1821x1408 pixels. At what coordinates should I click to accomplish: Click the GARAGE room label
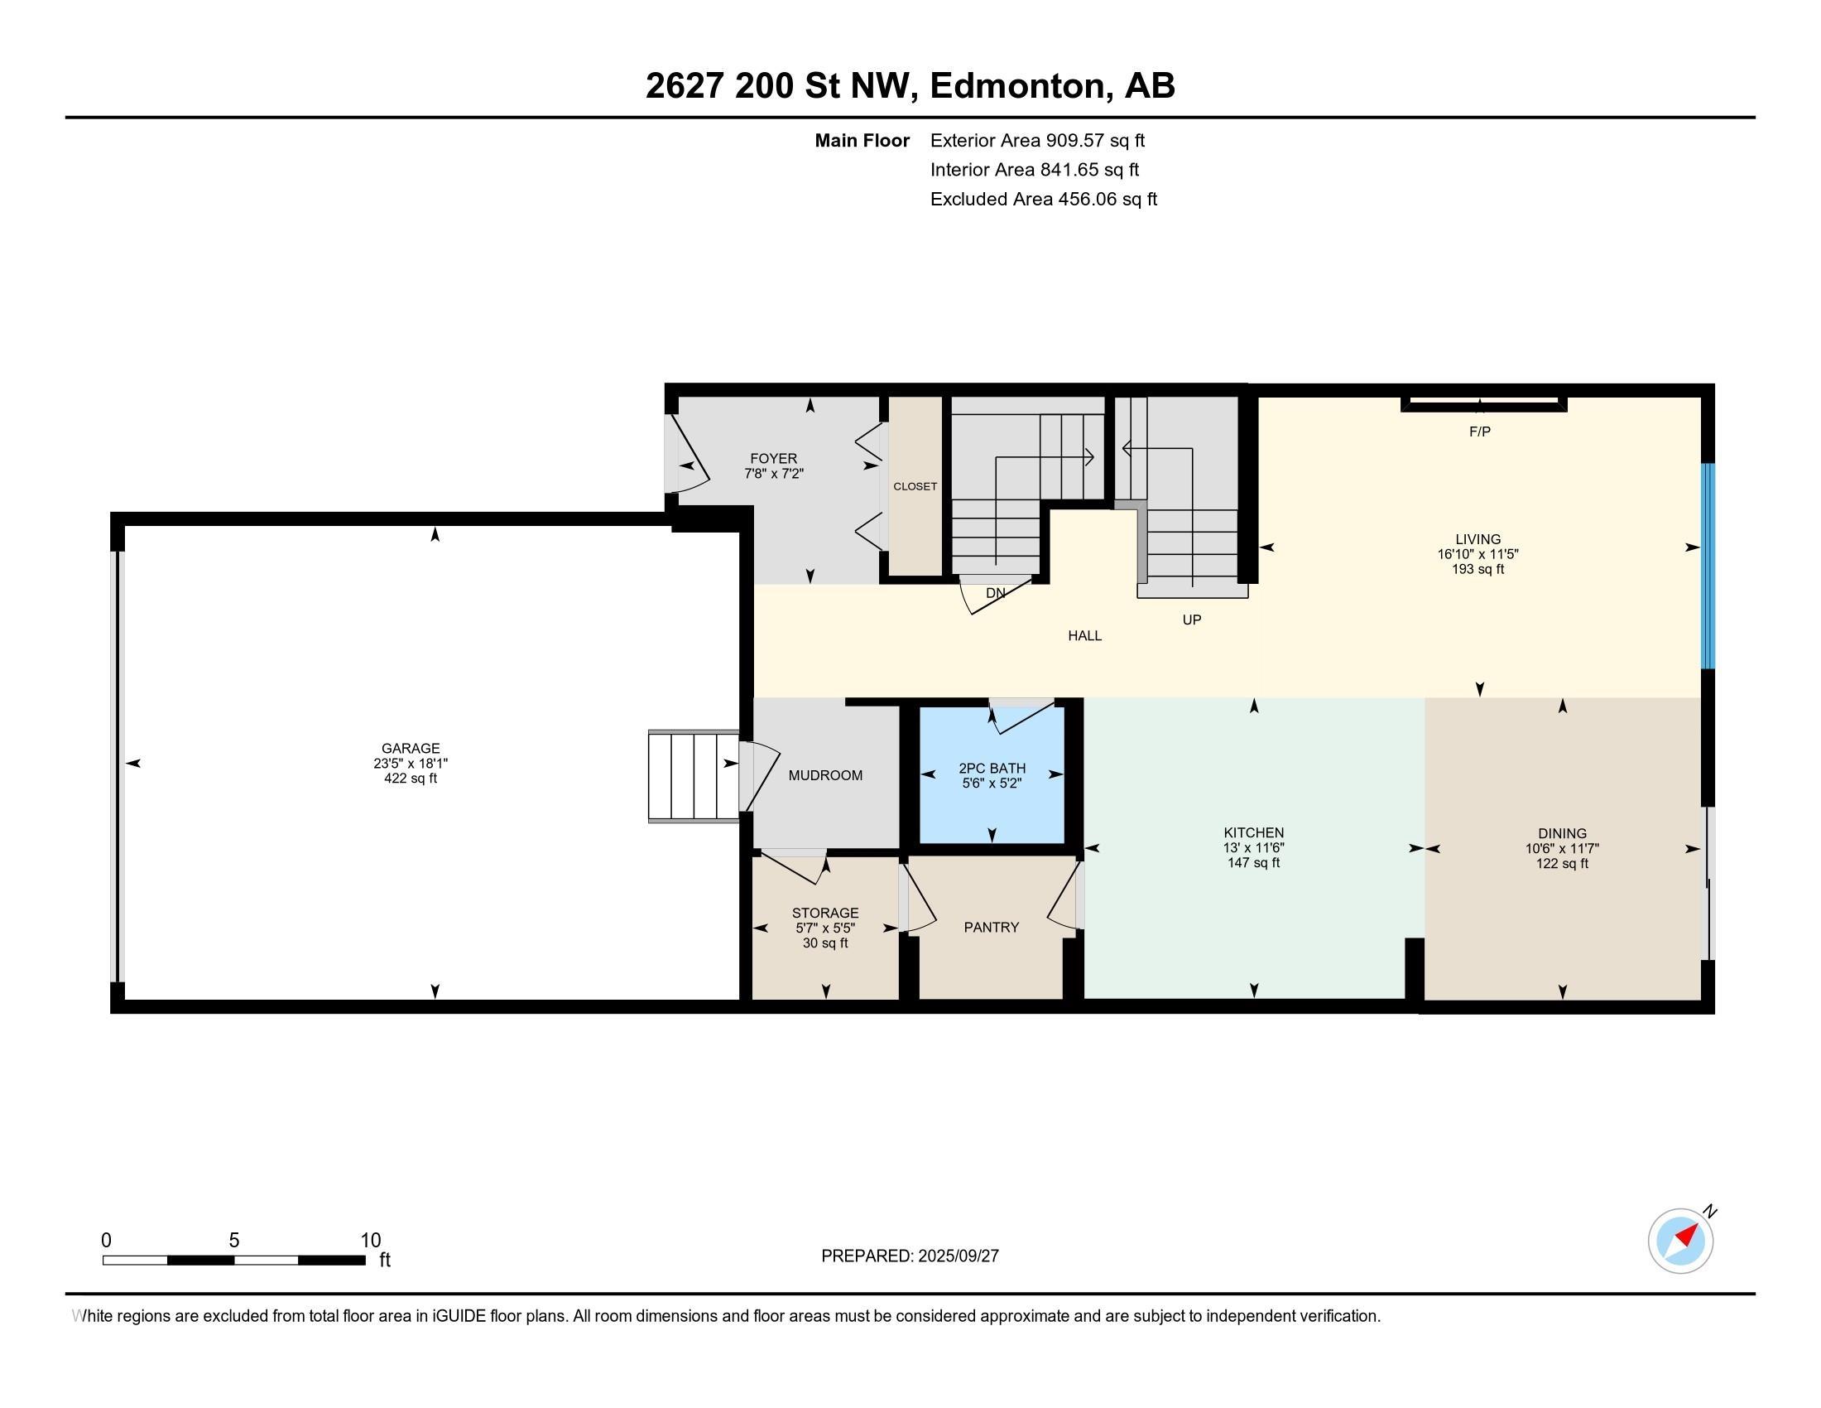pos(411,748)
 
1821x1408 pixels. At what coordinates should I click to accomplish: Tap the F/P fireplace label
pos(1479,432)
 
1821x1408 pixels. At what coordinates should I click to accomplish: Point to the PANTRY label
pos(991,927)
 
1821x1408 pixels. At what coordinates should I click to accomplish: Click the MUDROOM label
pos(825,775)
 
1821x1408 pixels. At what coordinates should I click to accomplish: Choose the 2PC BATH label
pos(992,769)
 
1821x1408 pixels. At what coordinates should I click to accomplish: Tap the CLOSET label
pos(915,486)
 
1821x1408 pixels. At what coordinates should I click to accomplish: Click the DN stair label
pos(996,593)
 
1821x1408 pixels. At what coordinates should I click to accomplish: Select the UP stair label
pos(1191,620)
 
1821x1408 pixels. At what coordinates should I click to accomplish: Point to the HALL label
pos(1085,635)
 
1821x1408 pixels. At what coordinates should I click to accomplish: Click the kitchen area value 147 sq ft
pos(1253,862)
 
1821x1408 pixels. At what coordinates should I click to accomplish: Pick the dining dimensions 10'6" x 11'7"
pos(1562,848)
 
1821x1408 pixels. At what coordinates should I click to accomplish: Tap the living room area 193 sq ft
pos(1477,569)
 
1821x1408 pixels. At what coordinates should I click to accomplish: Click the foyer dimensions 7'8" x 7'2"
pos(774,473)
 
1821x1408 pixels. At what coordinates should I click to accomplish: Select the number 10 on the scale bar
pos(370,1241)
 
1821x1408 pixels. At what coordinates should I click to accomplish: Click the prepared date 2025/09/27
pos(957,1256)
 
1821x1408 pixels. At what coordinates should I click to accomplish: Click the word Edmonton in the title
pos(1021,85)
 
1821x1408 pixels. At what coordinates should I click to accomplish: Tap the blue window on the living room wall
pos(1708,567)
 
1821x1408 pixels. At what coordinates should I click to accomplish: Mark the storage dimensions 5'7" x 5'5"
pos(825,928)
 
